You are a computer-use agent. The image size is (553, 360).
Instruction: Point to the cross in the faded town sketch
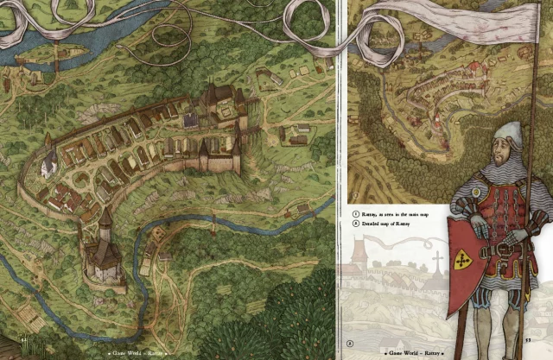[437, 260]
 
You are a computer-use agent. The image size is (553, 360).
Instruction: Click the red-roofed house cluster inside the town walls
[60, 199]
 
